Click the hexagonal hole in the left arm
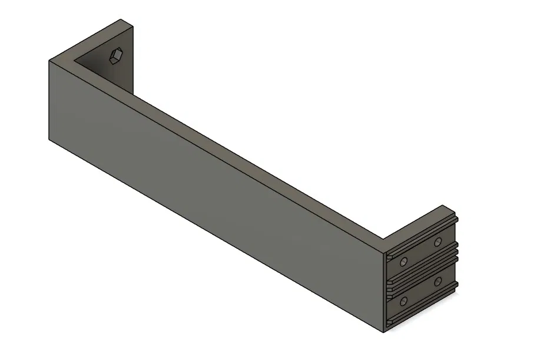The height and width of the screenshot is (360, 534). coord(115,56)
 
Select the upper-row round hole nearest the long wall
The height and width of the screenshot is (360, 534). coord(403,261)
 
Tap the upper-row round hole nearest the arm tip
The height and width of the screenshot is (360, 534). coord(437,242)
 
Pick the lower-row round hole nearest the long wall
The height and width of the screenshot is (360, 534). coord(403,302)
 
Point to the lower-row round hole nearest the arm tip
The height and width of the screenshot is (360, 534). coord(437,282)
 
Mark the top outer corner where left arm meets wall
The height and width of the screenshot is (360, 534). coord(49,60)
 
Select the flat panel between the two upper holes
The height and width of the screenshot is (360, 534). coord(420,252)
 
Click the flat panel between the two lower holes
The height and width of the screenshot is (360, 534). coord(420,292)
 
